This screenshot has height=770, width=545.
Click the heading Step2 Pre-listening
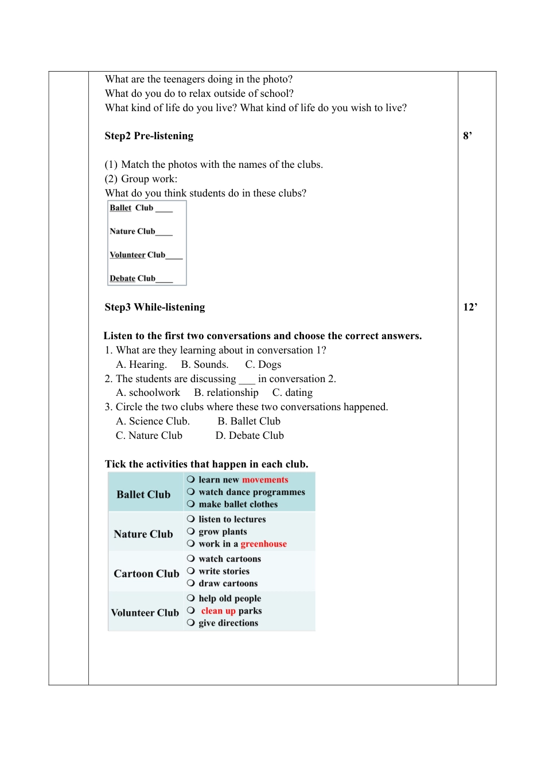point(149,136)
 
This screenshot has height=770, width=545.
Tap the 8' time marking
point(468,136)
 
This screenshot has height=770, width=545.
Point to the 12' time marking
point(470,307)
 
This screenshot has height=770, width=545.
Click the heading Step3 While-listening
point(154,307)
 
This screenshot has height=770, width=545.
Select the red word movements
point(265,480)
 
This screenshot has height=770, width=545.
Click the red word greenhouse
point(263,544)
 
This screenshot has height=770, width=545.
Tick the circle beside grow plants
point(191,531)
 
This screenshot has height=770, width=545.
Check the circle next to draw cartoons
point(191,583)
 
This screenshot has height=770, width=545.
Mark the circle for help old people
point(191,598)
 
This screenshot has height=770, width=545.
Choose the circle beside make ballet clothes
point(191,504)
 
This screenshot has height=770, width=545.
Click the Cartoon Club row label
point(146,573)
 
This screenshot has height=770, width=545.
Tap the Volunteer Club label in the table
point(145,612)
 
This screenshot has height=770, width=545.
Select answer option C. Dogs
point(263,364)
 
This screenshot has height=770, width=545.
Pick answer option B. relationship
point(226,392)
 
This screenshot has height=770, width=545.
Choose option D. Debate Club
point(250,435)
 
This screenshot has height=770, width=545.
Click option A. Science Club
point(153,421)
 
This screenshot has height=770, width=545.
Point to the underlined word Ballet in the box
point(120,208)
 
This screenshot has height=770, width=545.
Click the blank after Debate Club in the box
point(164,279)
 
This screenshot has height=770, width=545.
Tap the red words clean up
point(218,611)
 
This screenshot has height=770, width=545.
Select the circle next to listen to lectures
point(191,518)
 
